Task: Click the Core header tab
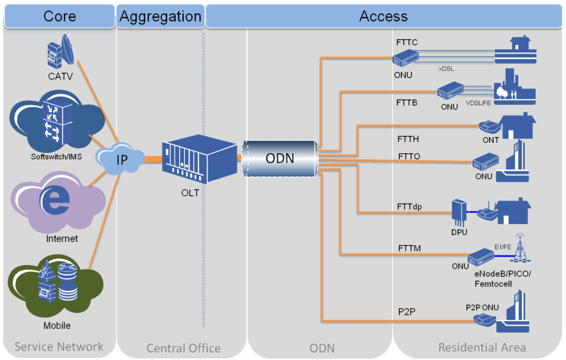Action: (x=59, y=16)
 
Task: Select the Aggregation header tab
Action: (x=160, y=16)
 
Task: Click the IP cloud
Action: (x=120, y=159)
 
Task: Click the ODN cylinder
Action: (x=280, y=159)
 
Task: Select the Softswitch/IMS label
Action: (x=56, y=156)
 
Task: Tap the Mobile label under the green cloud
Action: (x=57, y=326)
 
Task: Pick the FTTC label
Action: (x=407, y=42)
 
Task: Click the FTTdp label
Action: (x=410, y=206)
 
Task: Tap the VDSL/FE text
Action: (x=479, y=103)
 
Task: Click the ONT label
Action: (x=491, y=140)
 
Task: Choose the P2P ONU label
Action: (x=482, y=307)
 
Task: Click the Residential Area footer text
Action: (x=482, y=347)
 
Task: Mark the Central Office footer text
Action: (x=184, y=348)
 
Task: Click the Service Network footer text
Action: (x=59, y=347)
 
